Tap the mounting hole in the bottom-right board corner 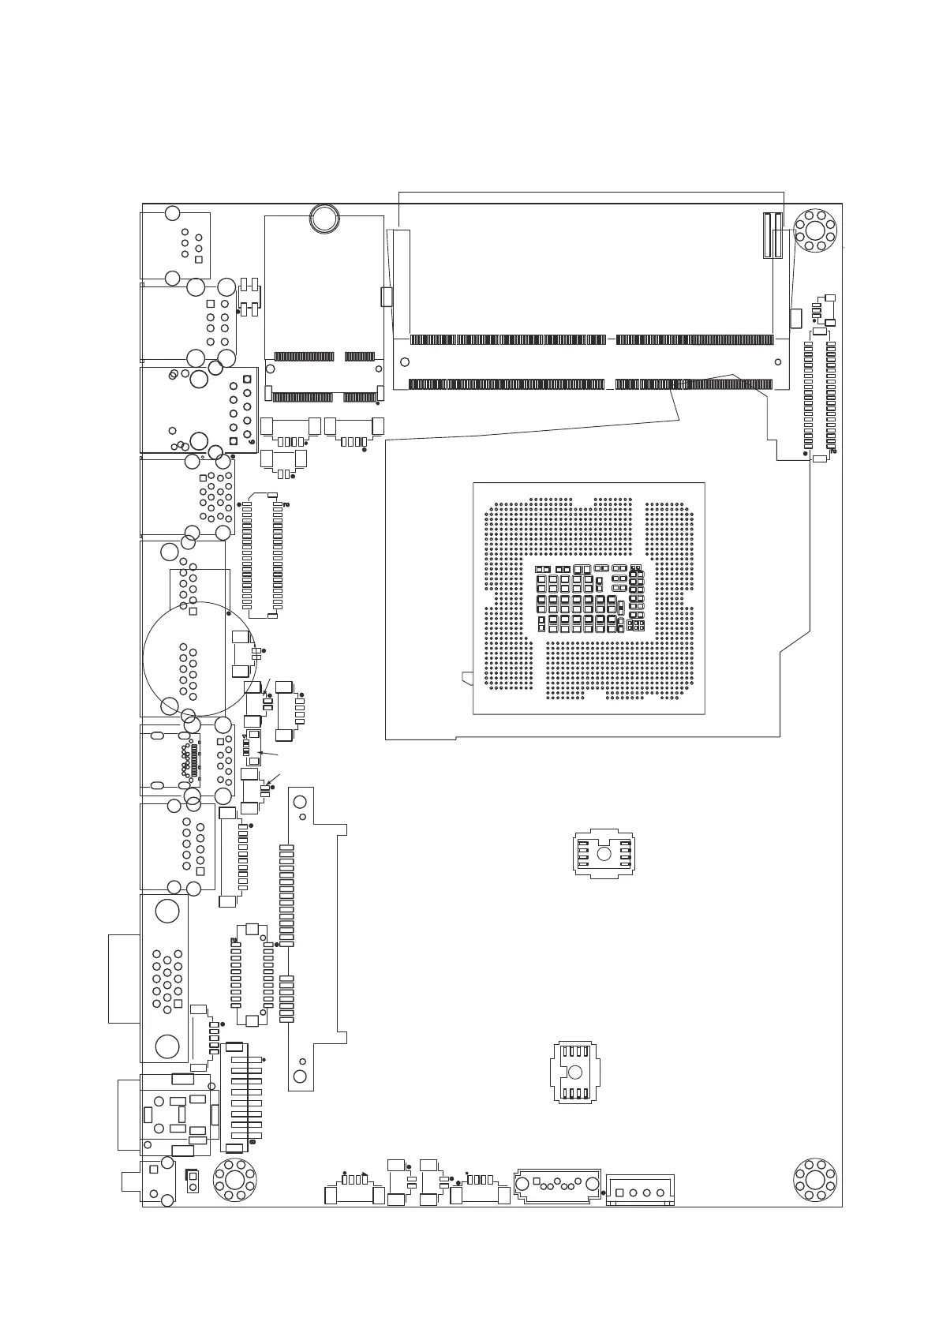coord(814,1179)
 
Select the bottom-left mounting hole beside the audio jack coord(235,1180)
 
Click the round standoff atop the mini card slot coord(324,217)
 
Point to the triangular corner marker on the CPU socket coord(466,677)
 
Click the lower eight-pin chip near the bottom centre coord(574,1072)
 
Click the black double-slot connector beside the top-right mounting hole coord(772,235)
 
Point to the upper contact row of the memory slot coord(592,340)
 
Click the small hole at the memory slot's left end coord(405,362)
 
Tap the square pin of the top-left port coord(198,260)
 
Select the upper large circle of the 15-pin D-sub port coord(167,912)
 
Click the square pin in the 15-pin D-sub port coord(191,1009)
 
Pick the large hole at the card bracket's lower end coord(300,1076)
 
